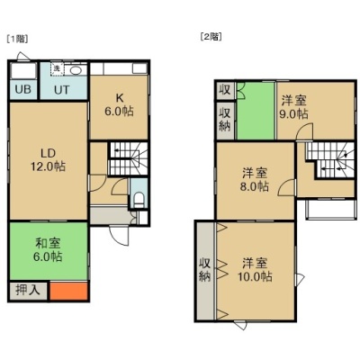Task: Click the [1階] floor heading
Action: pos(17,39)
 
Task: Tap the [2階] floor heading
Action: pos(211,37)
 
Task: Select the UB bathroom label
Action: pos(23,89)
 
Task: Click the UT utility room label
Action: pos(62,90)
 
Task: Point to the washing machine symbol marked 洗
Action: pos(57,69)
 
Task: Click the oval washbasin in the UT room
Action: pos(76,70)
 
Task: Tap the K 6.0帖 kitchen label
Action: pos(119,104)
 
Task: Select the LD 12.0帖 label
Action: pos(48,159)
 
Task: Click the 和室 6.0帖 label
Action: pos(48,249)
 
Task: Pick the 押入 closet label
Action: pos(28,290)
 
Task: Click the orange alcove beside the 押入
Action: pos(68,291)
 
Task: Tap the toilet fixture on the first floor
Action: pos(139,200)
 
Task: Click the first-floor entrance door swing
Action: pos(119,235)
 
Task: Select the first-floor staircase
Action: pos(129,158)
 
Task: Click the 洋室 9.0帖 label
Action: pos(293,107)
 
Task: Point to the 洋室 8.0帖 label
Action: pos(255,180)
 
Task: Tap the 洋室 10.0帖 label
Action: pos(255,269)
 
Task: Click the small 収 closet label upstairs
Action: pos(225,89)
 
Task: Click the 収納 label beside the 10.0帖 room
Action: pos(205,270)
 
